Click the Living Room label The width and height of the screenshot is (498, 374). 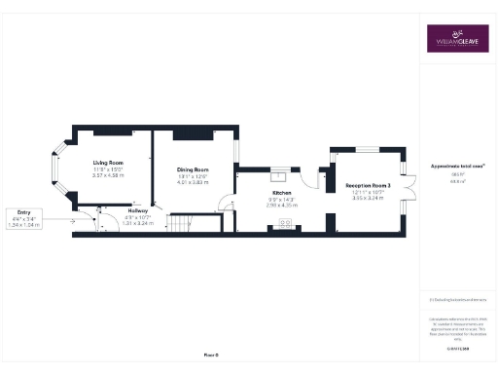click(108, 162)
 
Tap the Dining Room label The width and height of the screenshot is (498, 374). click(193, 169)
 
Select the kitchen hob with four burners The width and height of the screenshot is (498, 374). click(288, 223)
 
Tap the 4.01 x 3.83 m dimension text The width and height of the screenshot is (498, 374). click(193, 182)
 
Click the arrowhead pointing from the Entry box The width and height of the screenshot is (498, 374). click(74, 219)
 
